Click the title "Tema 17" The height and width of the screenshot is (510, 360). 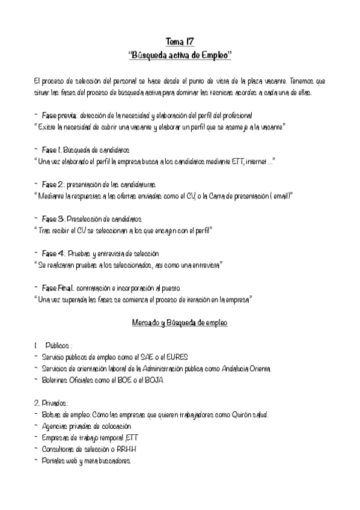point(180,41)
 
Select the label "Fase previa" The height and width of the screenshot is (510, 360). point(58,115)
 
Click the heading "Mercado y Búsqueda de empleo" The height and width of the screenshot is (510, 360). point(180,323)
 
